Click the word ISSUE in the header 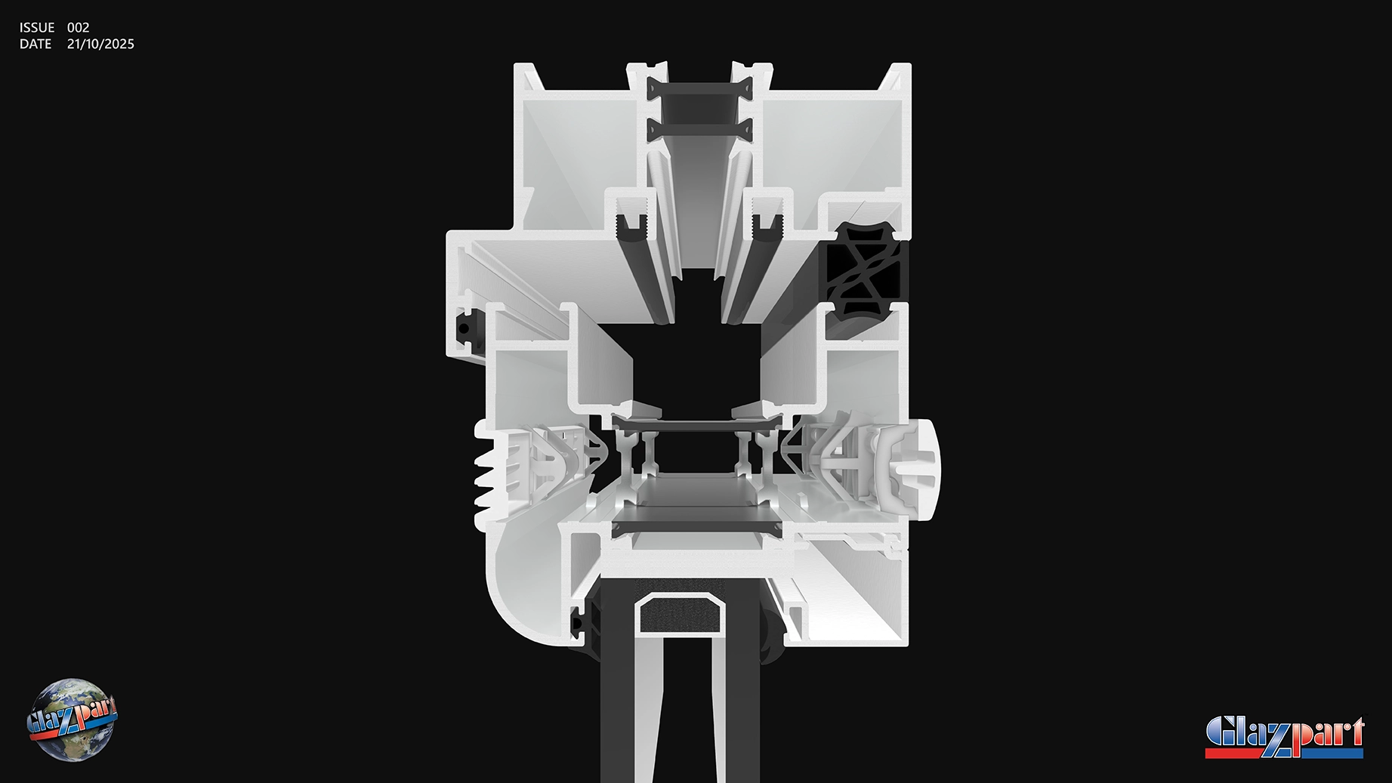point(37,27)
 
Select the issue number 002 point(79,27)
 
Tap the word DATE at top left point(35,44)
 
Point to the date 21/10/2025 point(100,44)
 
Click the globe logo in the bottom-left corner point(72,720)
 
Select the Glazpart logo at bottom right point(1285,737)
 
